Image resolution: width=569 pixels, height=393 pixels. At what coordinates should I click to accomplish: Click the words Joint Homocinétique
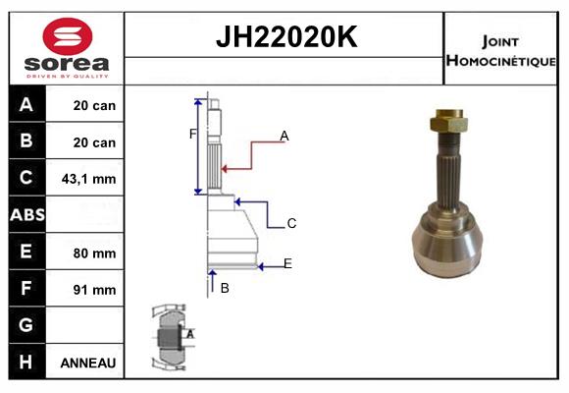pos(500,49)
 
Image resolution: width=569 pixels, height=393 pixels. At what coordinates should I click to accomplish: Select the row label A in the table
pos(26,105)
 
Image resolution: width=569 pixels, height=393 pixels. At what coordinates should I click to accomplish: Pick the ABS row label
pos(26,215)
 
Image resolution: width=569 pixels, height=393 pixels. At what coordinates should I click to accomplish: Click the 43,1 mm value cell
pos(89,179)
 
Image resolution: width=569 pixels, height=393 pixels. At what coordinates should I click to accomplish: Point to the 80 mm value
pos(95,253)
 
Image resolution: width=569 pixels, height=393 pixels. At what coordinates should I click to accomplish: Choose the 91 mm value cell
pos(95,290)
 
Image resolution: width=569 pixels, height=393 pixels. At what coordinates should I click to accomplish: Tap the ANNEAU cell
pos(88,363)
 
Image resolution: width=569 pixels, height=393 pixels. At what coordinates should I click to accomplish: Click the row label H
pos(26,362)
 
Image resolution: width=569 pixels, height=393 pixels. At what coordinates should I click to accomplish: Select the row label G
pos(26,325)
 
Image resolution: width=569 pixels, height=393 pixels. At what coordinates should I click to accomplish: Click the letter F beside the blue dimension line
pos(193,134)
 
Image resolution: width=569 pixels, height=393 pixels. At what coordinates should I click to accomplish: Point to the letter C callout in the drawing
pos(291,224)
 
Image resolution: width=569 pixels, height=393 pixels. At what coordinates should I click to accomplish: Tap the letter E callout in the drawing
pos(287,263)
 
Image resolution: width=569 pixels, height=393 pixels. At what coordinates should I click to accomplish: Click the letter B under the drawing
pos(225,288)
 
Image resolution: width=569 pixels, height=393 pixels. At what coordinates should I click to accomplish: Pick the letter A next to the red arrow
pos(284,136)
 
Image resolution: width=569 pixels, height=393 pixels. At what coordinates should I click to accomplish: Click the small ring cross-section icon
pos(171,337)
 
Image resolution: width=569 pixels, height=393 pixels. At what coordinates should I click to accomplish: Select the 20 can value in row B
pos(94,142)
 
